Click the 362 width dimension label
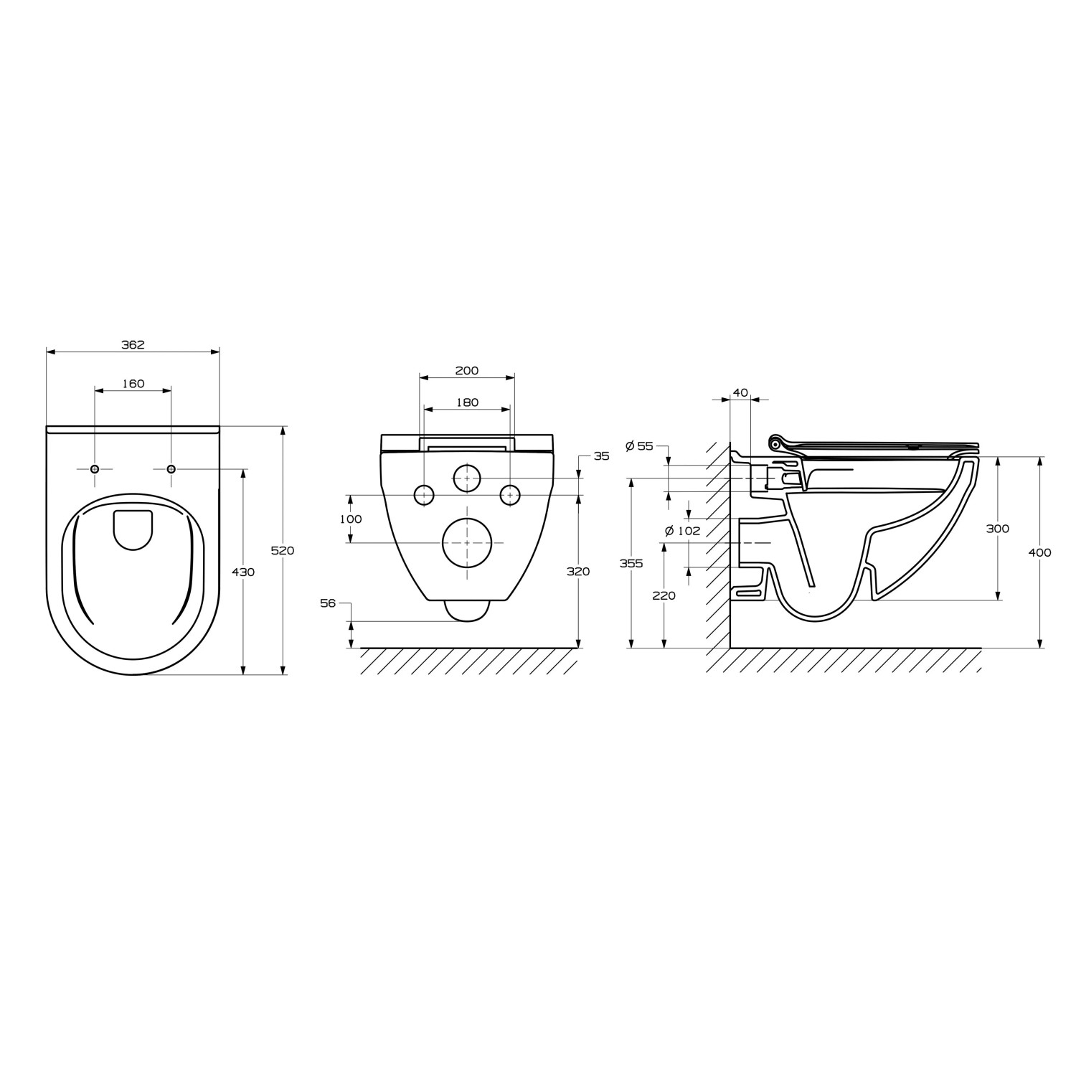click(x=133, y=344)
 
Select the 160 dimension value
click(x=133, y=384)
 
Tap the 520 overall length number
click(x=283, y=551)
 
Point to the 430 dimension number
click(x=243, y=572)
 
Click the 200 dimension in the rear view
click(x=467, y=371)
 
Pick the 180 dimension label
click(x=467, y=402)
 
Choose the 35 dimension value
click(x=601, y=456)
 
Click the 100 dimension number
click(x=351, y=519)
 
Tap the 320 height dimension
click(x=578, y=572)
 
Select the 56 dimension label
click(x=328, y=604)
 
